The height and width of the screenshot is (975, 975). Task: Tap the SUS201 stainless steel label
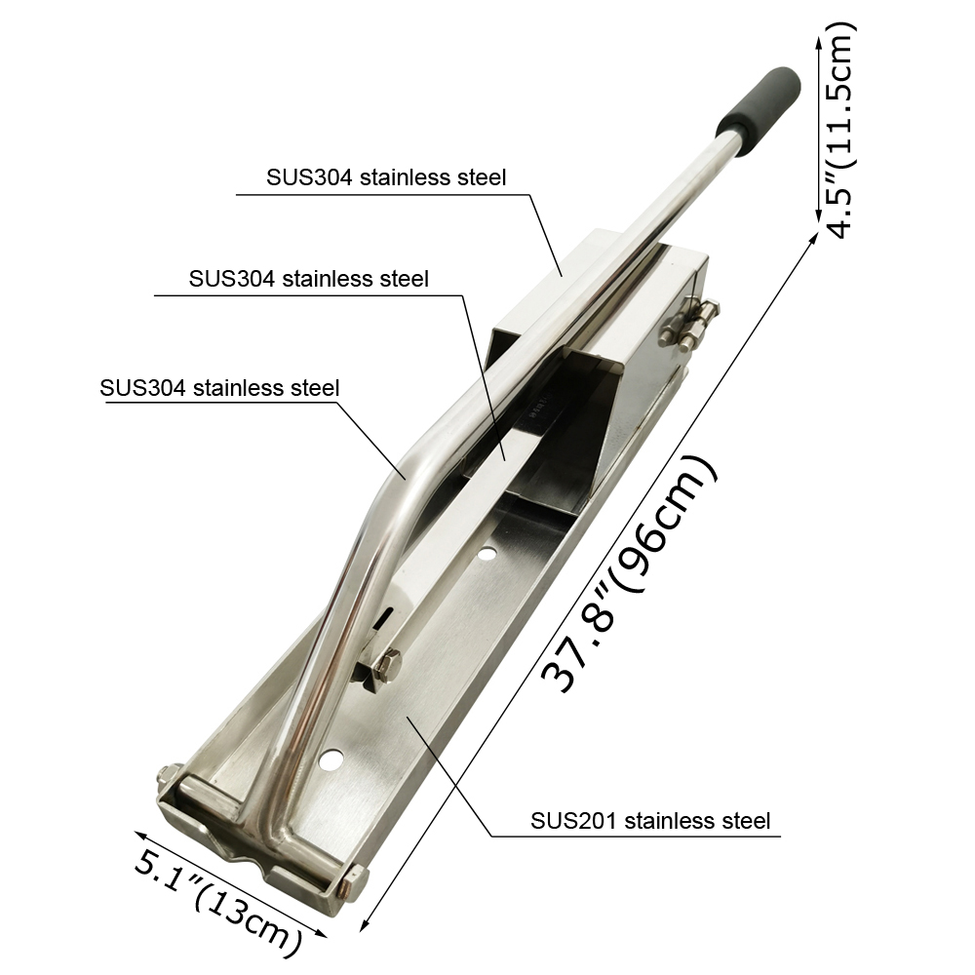[649, 821]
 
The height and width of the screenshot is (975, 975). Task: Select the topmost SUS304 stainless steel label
[386, 177]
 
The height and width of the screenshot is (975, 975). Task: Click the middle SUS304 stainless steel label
[308, 279]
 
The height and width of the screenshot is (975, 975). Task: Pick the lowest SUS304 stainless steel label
[219, 388]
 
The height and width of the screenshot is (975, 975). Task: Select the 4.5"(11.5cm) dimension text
[840, 131]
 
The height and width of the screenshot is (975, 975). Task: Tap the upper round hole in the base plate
[487, 552]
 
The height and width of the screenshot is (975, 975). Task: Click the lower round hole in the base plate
[331, 758]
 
